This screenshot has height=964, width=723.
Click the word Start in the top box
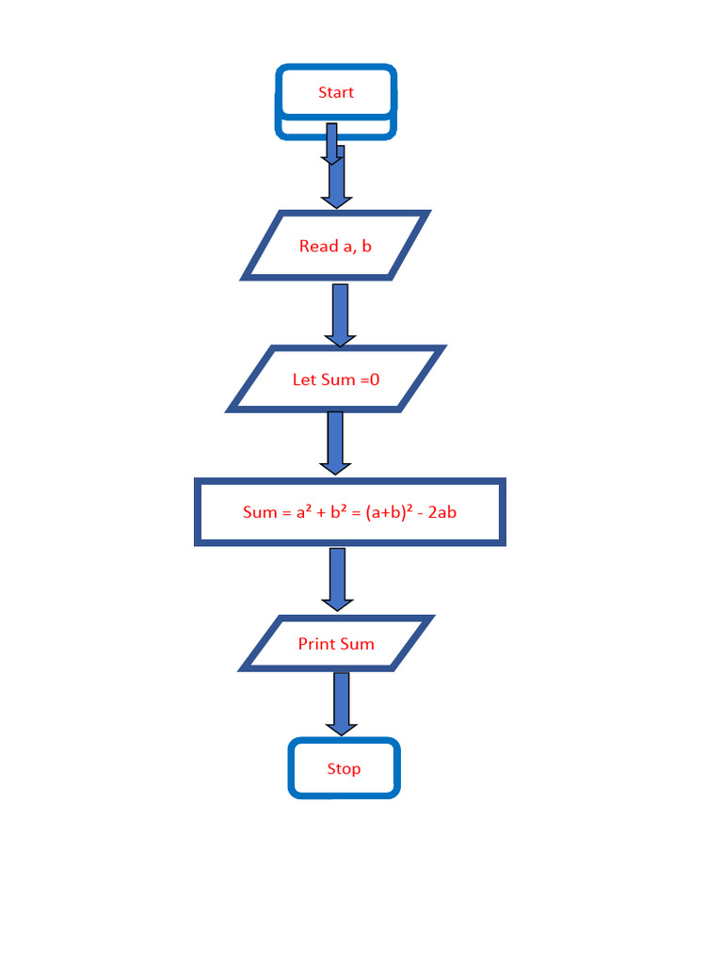point(336,92)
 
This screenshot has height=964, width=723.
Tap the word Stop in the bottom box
point(344,769)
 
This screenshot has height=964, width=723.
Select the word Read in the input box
point(318,247)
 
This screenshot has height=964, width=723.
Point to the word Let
point(305,380)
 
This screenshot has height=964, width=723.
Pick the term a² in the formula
point(304,513)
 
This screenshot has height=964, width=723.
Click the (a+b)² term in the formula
point(392,513)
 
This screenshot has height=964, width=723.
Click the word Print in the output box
point(317,644)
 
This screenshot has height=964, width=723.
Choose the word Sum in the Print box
point(358,644)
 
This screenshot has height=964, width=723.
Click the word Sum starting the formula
point(260,513)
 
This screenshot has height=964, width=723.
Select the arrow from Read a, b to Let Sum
point(340,314)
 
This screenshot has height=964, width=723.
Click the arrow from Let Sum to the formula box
point(335,442)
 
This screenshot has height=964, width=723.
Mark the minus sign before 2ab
point(421,513)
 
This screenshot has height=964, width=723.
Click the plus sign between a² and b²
point(321,513)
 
